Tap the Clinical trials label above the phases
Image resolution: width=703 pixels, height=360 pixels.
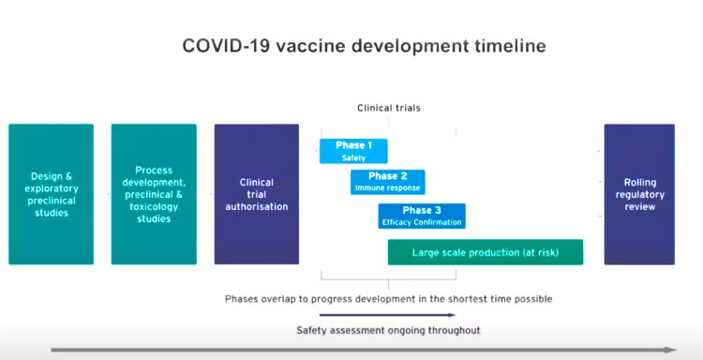(388, 108)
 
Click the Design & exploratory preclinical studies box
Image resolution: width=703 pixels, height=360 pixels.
(51, 194)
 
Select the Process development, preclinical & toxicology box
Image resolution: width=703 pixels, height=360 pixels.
(154, 194)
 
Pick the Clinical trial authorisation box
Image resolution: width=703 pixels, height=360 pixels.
(256, 194)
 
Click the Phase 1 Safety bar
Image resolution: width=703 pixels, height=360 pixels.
(353, 151)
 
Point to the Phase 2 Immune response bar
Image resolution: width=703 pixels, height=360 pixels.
(387, 182)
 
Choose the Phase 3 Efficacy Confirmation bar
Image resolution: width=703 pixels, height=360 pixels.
(422, 216)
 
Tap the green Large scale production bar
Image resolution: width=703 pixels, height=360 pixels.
(486, 252)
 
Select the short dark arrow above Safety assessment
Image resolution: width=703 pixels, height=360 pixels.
(387, 316)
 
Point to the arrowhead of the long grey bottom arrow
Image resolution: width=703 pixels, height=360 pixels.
(669, 350)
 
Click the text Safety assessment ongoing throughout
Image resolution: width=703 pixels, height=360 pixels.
(388, 330)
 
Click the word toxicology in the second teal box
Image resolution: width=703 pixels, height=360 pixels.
(154, 219)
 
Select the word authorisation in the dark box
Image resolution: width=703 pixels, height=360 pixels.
(256, 206)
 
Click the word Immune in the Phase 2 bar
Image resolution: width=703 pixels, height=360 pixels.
(368, 188)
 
